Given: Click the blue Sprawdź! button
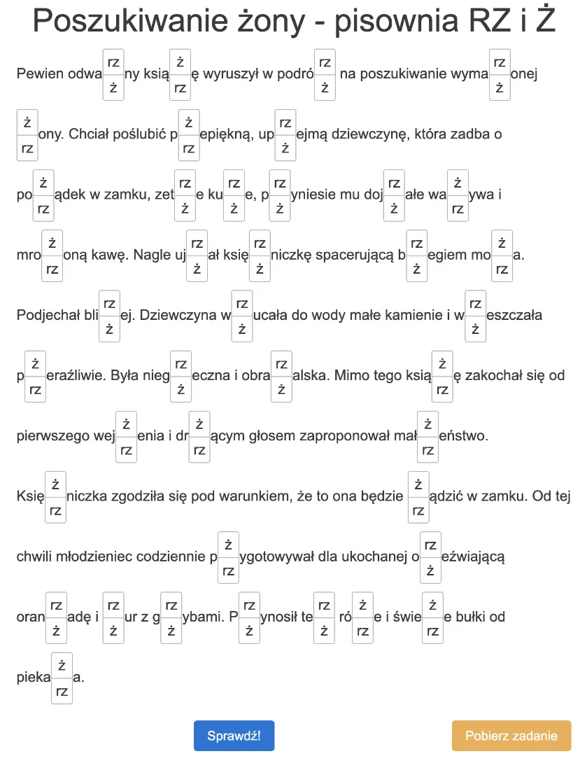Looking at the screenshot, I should (x=234, y=736).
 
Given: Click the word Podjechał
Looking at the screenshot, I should (x=46, y=315).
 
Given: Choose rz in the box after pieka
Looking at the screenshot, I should (x=62, y=692).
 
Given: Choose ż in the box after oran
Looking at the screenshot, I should (x=57, y=631).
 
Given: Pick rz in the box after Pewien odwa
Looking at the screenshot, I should (x=113, y=61).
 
